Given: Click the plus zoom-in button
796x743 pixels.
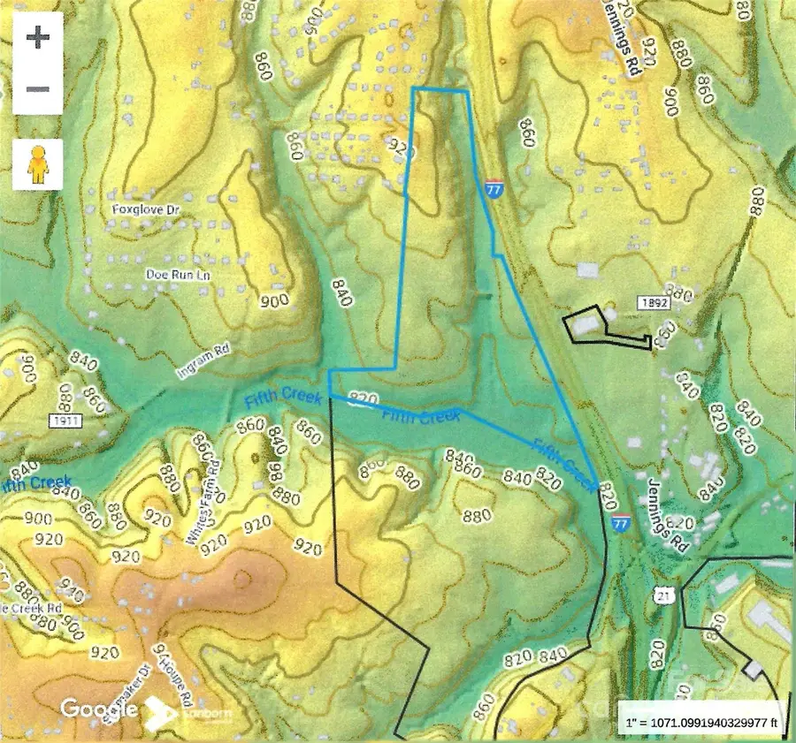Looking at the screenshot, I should point(37,39).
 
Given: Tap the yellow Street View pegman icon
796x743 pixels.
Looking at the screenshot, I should point(37,163).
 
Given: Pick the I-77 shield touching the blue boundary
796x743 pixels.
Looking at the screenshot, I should point(494,189).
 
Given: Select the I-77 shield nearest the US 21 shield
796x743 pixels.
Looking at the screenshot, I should point(623,524).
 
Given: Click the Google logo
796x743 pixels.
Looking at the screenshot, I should point(97,709).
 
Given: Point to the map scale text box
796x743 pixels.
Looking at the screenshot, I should point(702,720).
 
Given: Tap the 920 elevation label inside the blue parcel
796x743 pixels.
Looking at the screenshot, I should point(401,148).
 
